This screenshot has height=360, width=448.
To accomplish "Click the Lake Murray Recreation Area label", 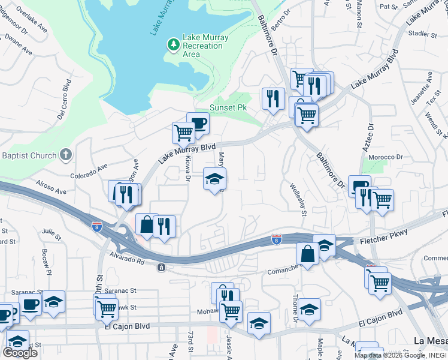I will click(205, 46).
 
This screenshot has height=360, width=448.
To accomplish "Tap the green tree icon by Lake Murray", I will click(173, 44).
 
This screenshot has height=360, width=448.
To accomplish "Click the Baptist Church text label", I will click(28, 156).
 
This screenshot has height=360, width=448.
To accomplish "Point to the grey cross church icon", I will click(66, 155).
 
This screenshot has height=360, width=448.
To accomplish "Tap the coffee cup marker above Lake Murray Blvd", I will click(198, 123).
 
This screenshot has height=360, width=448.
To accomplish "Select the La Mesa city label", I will click(431, 341).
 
